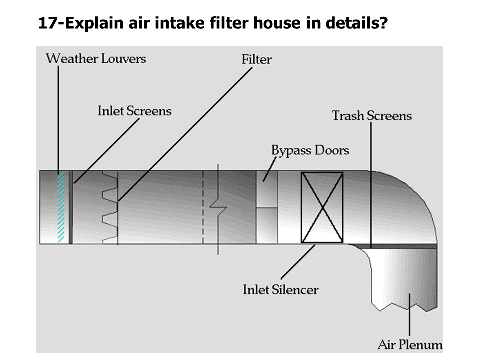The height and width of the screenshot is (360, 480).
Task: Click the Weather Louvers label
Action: pos(96,59)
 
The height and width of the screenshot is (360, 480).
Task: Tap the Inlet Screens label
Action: pos(134,111)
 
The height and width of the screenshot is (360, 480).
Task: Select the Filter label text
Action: pos(257,60)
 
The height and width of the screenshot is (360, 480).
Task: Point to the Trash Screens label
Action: pos(372,116)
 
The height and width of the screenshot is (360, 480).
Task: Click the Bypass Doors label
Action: pos(310,150)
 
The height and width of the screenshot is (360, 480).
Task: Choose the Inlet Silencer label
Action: pos(280,289)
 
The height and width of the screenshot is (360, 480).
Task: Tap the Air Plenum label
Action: pos(410,344)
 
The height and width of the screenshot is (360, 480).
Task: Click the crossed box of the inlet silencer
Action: pos(322,207)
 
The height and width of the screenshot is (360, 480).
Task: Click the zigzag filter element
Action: pos(110,207)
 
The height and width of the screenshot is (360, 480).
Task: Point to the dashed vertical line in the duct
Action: pos(203,207)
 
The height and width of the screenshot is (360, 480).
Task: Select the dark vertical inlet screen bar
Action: pos(70,207)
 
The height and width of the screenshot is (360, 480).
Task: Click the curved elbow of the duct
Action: pos(405,200)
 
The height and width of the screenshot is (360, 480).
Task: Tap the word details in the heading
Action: pos(355,23)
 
